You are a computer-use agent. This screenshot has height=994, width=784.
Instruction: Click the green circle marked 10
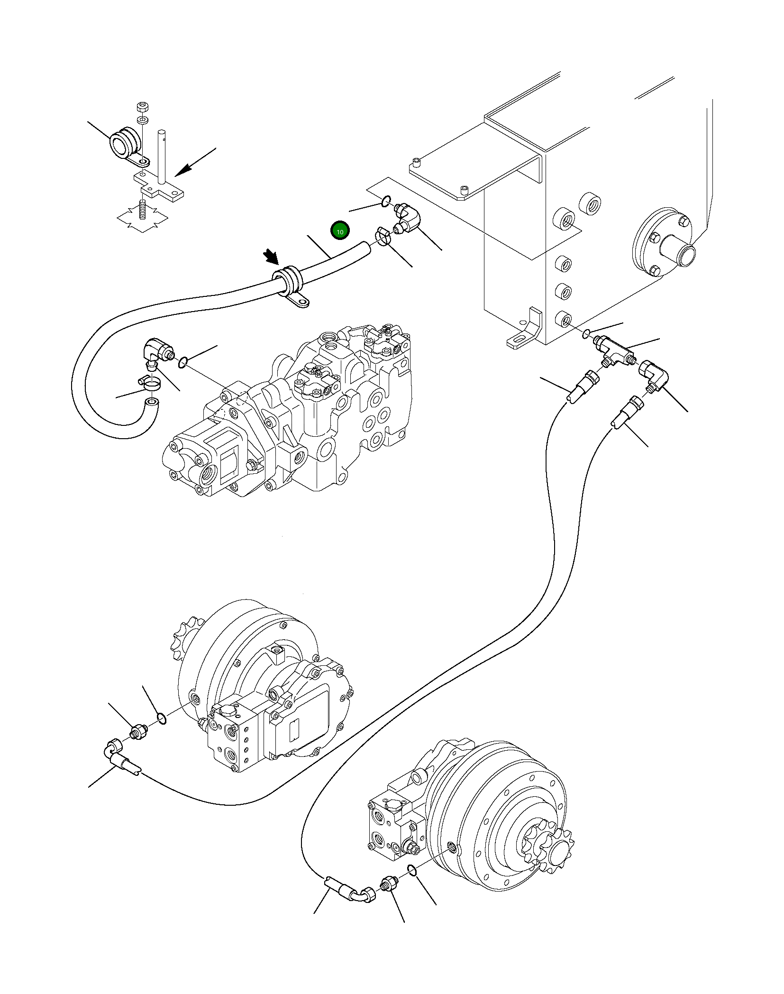click(339, 231)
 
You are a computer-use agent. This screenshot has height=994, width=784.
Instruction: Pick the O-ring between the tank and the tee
click(587, 334)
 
